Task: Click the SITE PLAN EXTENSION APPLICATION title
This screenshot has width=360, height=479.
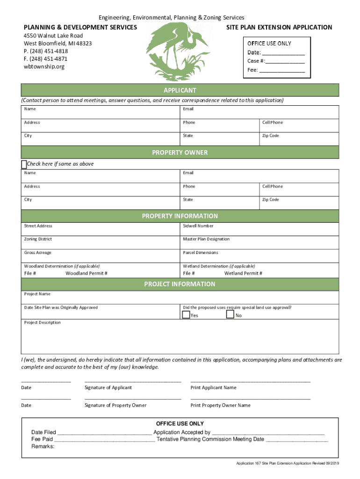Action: pyautogui.click(x=279, y=27)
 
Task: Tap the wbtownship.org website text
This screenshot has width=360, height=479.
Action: pyautogui.click(x=44, y=66)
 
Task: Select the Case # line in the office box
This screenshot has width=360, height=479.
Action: pyautogui.click(x=276, y=61)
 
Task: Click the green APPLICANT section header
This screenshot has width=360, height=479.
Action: pyautogui.click(x=180, y=90)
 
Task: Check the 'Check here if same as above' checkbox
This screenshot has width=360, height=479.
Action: pyautogui.click(x=24, y=164)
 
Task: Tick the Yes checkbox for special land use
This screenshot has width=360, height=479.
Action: pyautogui.click(x=186, y=315)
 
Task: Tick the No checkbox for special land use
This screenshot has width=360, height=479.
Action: pyautogui.click(x=230, y=315)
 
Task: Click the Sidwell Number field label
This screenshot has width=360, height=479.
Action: pyautogui.click(x=198, y=226)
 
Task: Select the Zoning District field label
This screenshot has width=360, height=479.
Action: pyautogui.click(x=38, y=239)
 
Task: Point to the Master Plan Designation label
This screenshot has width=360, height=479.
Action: pyautogui.click(x=206, y=239)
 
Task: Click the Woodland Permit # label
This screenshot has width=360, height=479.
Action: pyautogui.click(x=86, y=273)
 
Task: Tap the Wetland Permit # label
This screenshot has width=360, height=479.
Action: pyautogui.click(x=243, y=273)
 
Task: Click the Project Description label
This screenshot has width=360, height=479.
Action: pyautogui.click(x=43, y=322)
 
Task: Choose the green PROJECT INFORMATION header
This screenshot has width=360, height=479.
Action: pyautogui.click(x=180, y=284)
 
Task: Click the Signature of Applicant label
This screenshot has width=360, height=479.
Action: pyautogui.click(x=108, y=387)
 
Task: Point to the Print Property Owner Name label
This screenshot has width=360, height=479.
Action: pyautogui.click(x=220, y=405)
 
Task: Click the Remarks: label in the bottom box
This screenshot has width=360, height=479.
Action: pyautogui.click(x=43, y=446)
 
